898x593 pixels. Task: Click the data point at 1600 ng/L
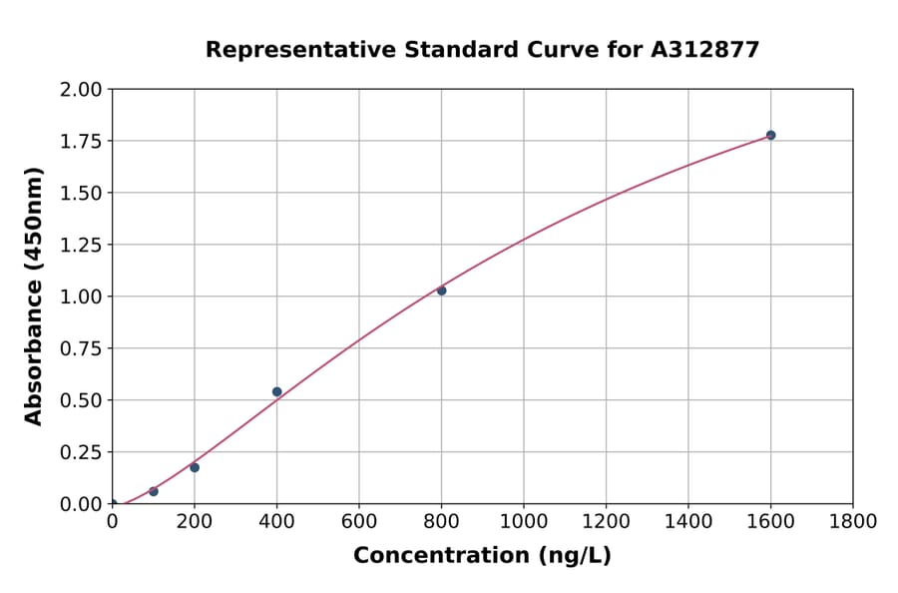click(x=770, y=135)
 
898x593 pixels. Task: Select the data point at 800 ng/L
click(x=441, y=291)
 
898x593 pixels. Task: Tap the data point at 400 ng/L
click(x=276, y=391)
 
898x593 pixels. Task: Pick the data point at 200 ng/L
click(x=195, y=467)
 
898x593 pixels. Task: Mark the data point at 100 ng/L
click(x=153, y=491)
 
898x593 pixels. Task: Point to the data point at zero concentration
click(x=112, y=504)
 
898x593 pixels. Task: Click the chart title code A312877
click(x=706, y=49)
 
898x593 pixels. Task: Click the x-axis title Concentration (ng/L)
click(x=482, y=555)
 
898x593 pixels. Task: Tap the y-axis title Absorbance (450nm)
click(x=34, y=296)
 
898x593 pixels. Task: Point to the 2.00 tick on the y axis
click(x=81, y=89)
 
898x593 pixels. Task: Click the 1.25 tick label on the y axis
click(x=81, y=245)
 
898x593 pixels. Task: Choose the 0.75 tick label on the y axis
click(x=81, y=348)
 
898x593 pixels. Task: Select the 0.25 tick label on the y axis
click(x=81, y=452)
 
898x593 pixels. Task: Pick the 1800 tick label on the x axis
click(x=853, y=521)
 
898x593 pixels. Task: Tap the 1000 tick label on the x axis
click(x=524, y=521)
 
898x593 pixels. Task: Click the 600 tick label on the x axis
click(x=359, y=521)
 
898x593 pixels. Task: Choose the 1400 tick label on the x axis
click(x=688, y=521)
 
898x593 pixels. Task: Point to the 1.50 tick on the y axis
click(x=81, y=193)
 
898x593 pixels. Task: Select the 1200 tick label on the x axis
click(x=606, y=521)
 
